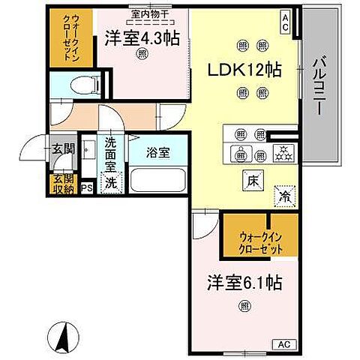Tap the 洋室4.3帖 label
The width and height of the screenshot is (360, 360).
tap(142, 37)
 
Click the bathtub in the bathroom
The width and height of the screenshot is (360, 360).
tap(157, 181)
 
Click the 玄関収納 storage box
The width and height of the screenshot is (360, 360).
tap(63, 184)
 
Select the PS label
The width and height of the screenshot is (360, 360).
tap(87, 187)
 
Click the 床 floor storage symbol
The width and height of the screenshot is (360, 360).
tap(250, 179)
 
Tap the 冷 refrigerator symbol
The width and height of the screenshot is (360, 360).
tap(284, 193)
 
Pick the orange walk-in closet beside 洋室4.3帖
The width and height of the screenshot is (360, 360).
tap(73, 40)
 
